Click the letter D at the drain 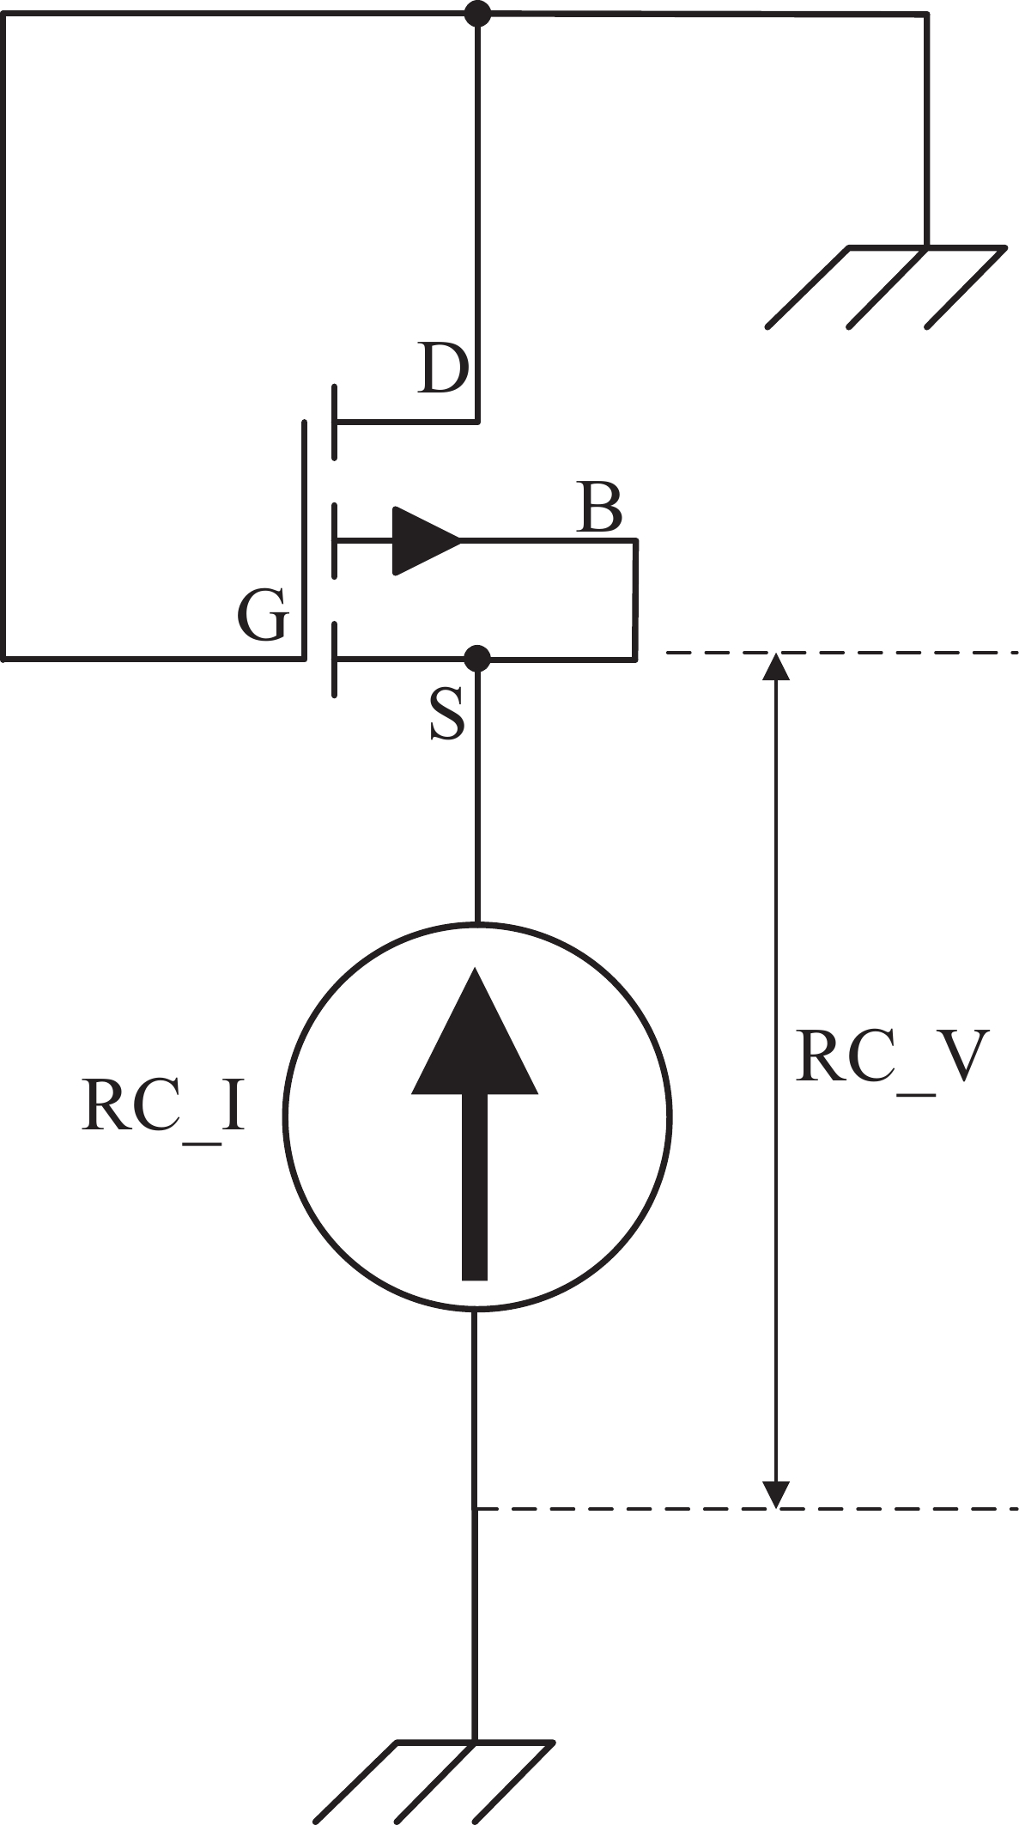[443, 368]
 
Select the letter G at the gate [262, 616]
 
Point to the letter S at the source [446, 715]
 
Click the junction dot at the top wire [477, 14]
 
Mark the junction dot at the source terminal [477, 659]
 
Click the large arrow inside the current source [475, 1123]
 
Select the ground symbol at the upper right [885, 287]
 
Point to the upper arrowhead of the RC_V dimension [776, 666]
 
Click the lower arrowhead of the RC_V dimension [776, 1495]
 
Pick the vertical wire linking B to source [635, 599]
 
